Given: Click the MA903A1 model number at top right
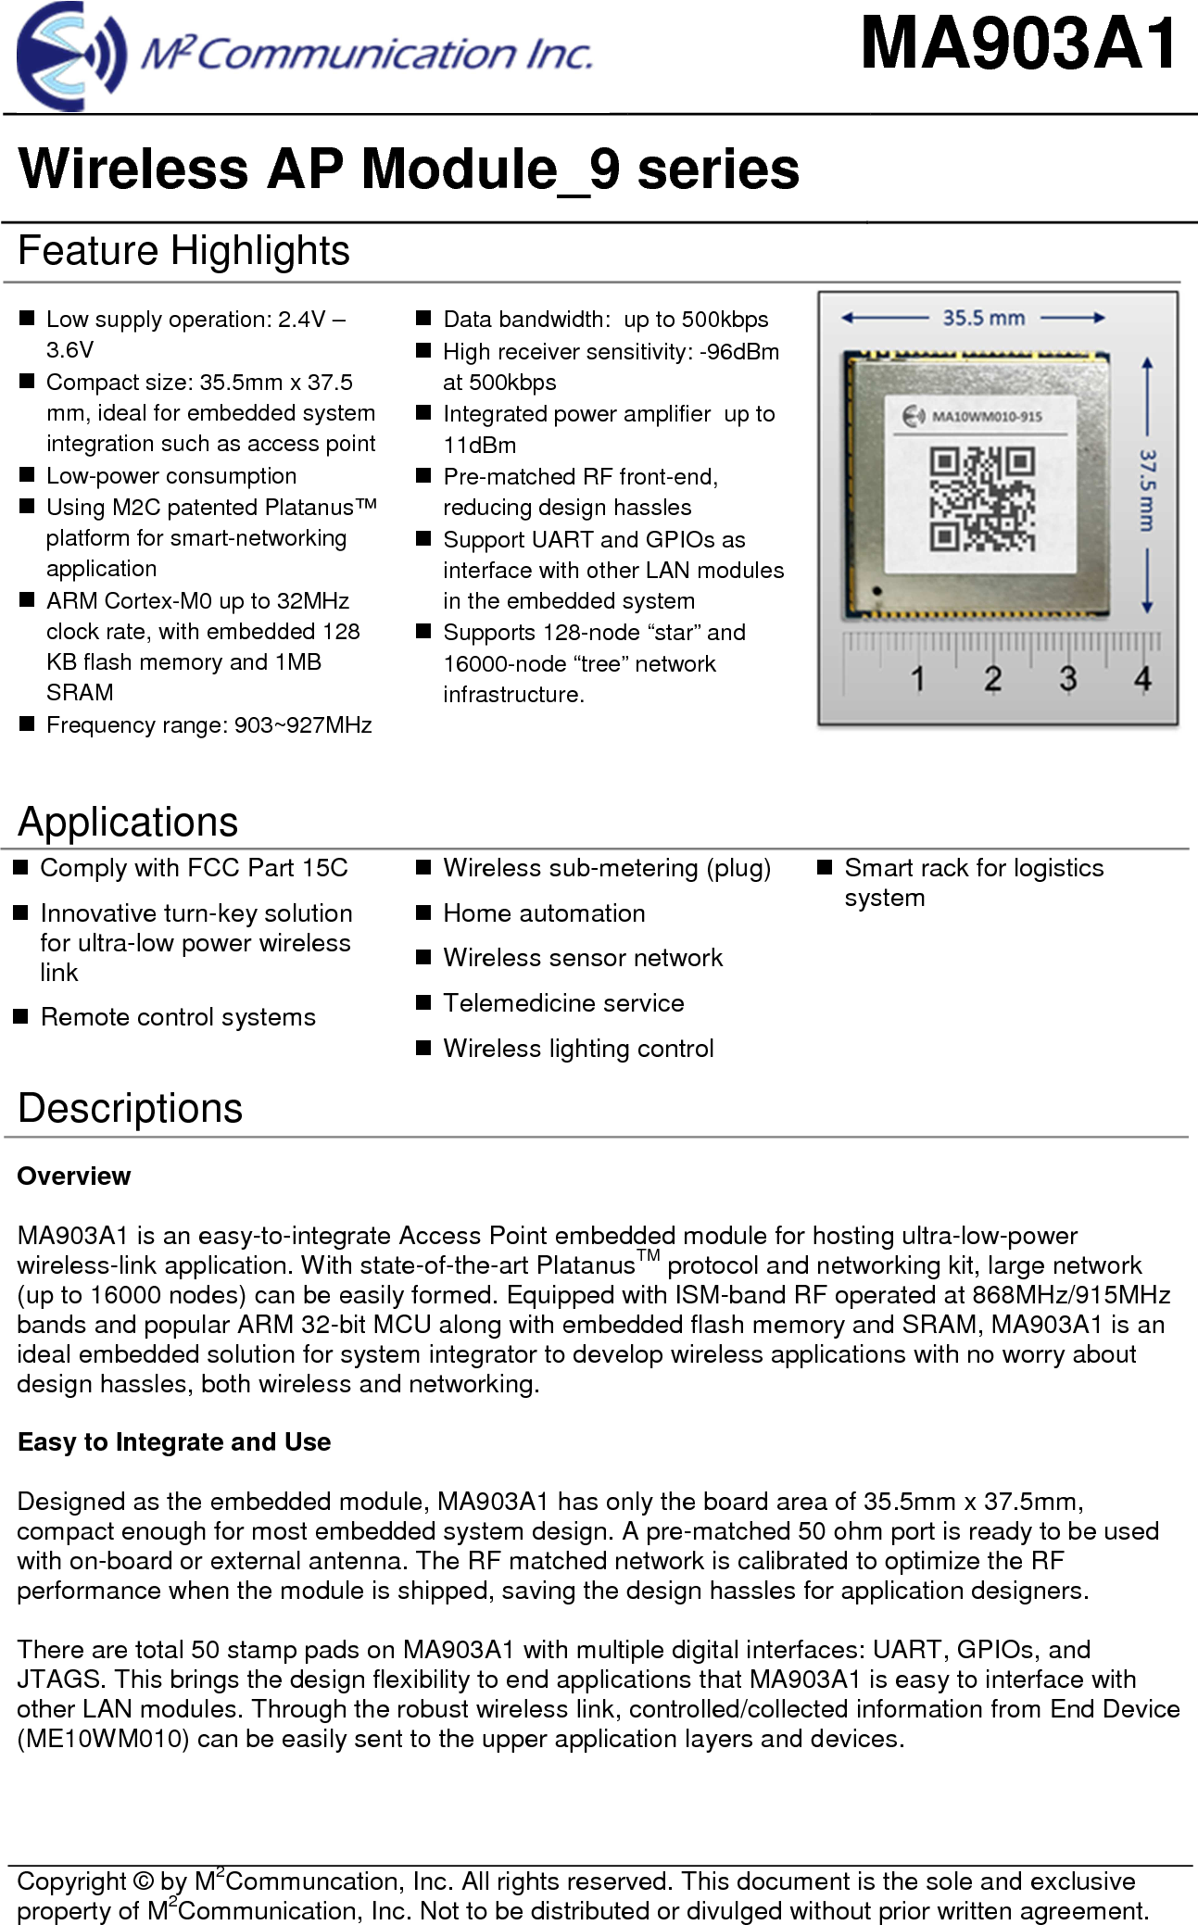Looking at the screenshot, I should [1018, 44].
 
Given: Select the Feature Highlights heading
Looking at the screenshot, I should [183, 251].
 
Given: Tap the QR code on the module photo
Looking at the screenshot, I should [982, 498].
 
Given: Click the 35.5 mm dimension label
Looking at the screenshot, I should [983, 318].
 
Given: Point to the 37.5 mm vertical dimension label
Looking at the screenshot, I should [1147, 490].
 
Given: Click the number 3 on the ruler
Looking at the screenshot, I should [1067, 678].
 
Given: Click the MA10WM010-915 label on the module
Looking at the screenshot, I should [986, 416].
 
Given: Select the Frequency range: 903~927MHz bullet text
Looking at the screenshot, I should [208, 724].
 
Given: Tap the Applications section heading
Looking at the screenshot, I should [128, 822].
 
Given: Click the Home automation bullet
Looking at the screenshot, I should [544, 913].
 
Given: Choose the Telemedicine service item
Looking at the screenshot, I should [563, 1003].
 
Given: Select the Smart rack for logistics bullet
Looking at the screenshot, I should [974, 868].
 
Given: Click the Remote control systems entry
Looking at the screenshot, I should [178, 1017].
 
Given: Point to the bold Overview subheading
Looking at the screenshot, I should [74, 1176].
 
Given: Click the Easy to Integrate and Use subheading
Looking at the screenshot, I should [174, 1441].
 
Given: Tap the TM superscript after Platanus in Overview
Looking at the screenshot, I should [649, 1256].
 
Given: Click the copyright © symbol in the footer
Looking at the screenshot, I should [143, 1881].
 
